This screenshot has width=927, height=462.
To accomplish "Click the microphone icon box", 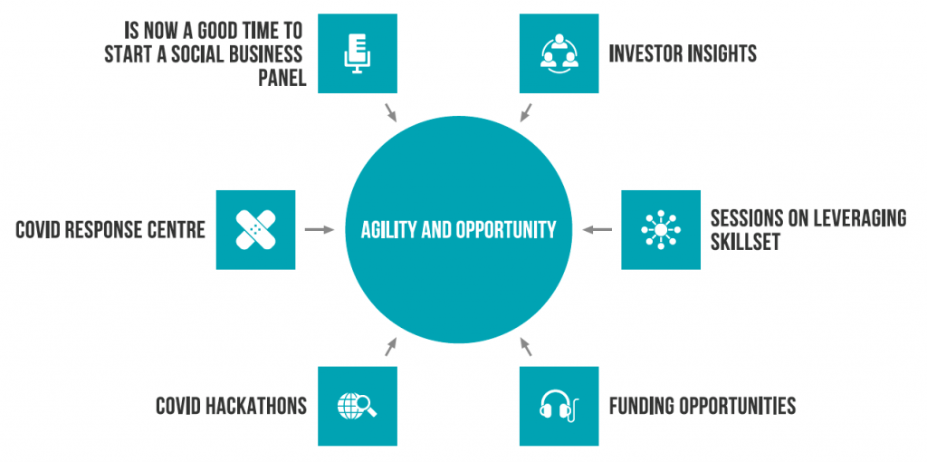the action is click(357, 53).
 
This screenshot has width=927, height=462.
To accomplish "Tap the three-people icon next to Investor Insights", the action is click(559, 53).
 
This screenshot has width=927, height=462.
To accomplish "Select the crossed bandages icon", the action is click(255, 229).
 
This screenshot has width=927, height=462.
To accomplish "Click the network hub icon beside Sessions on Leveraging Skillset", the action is click(660, 229).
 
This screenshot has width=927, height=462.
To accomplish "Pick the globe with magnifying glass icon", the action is click(357, 406).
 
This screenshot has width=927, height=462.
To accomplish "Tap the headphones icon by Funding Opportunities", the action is click(559, 406).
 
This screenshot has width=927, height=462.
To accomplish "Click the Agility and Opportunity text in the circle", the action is click(458, 229).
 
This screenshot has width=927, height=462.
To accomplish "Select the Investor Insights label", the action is click(683, 53).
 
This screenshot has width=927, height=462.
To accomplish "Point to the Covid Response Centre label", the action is click(110, 229).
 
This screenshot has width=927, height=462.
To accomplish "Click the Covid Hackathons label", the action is click(231, 407).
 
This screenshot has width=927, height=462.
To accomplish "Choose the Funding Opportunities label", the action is click(702, 407).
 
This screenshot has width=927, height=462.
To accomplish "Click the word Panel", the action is click(282, 78).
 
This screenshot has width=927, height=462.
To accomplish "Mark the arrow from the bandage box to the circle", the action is click(320, 229).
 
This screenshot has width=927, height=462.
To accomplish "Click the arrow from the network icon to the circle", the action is click(597, 229).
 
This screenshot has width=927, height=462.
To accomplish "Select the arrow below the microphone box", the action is click(391, 113).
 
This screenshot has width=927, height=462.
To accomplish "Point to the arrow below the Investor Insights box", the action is click(526, 113).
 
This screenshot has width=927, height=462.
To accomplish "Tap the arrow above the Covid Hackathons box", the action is click(391, 347).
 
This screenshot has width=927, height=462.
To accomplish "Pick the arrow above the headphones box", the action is click(526, 347).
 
